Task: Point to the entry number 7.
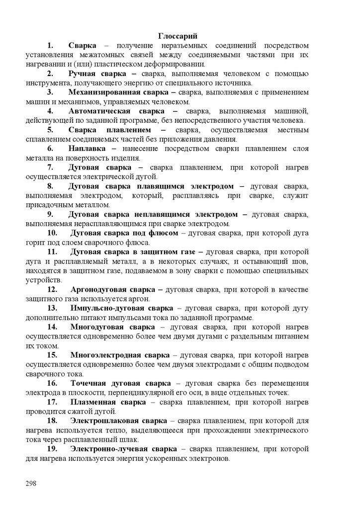click(50, 167)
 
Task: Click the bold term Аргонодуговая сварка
click(113, 290)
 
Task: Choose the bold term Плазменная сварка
click(108, 402)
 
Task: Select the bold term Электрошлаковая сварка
click(118, 421)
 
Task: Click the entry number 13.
click(52, 308)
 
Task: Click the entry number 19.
click(52, 449)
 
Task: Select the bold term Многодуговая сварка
click(112, 327)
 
